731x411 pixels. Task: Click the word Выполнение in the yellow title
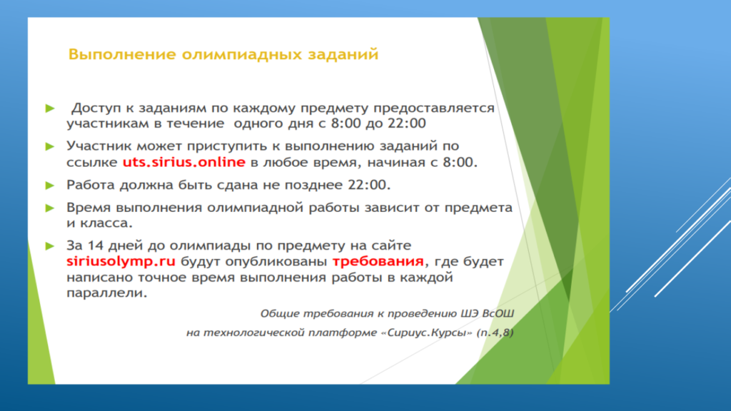122,54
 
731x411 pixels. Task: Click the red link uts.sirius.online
183,162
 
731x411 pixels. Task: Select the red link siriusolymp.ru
121,261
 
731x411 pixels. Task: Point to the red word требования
378,261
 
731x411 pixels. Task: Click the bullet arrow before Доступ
50,108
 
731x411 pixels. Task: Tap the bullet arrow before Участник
50,147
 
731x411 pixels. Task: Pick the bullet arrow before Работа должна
50,186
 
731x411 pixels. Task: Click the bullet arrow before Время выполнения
50,208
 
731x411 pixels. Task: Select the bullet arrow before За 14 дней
50,246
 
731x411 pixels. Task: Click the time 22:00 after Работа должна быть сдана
369,185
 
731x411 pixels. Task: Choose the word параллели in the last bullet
107,293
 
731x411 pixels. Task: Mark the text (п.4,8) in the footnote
495,333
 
